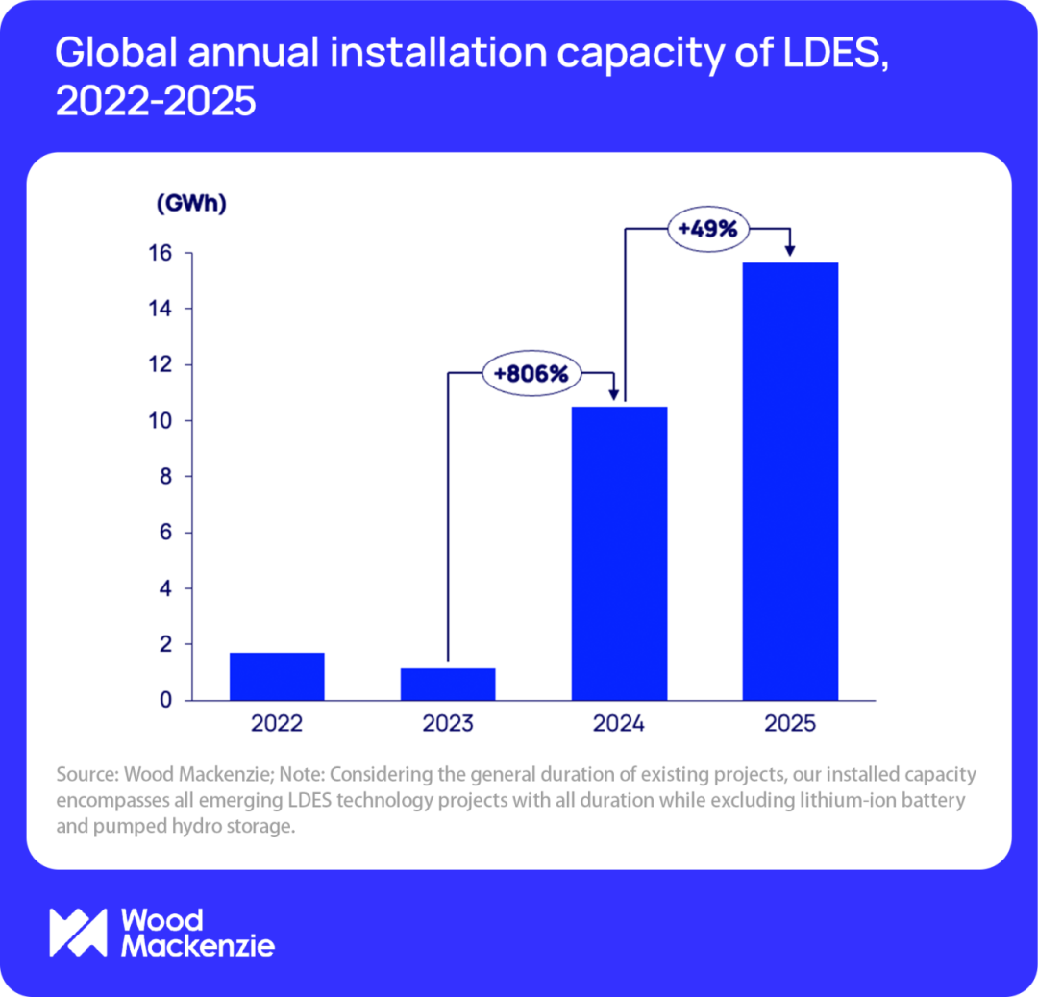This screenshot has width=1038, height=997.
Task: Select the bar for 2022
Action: (x=277, y=677)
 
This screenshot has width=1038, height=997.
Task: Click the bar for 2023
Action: (x=448, y=684)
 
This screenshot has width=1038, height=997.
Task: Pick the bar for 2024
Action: (x=619, y=553)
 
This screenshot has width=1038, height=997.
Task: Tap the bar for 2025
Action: (x=790, y=481)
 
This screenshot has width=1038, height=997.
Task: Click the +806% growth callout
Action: (x=531, y=373)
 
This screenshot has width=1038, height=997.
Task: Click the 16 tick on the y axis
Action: (x=160, y=253)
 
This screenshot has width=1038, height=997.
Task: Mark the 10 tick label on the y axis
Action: (x=160, y=421)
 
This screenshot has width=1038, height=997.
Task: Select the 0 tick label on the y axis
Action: (x=165, y=700)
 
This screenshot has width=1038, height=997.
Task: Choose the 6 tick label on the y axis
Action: (x=165, y=533)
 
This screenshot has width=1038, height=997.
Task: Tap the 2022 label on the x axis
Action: (x=277, y=724)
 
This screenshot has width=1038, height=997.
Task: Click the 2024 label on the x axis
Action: (x=619, y=724)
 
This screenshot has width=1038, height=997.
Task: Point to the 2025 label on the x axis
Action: (x=790, y=724)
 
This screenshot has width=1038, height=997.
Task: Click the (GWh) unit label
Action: (x=190, y=204)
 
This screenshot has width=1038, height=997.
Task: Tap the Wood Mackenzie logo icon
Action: (x=78, y=932)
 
